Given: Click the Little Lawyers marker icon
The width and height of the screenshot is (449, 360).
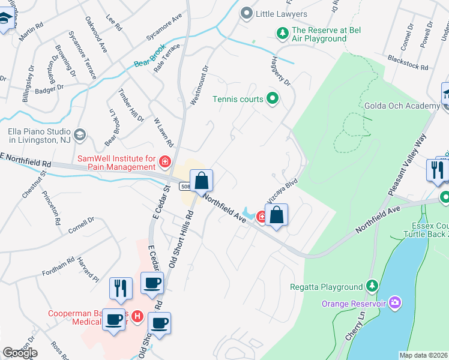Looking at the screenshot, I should point(246,13).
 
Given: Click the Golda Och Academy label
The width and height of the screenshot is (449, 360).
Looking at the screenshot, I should point(402,106).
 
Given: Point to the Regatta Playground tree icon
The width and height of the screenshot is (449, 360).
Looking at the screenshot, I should point(372,287).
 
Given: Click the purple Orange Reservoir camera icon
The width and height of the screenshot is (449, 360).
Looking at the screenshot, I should point(394,303).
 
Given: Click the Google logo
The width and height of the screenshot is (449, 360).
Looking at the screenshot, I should point(19,352).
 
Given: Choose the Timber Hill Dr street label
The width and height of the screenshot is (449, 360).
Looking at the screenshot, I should point(131,107).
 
